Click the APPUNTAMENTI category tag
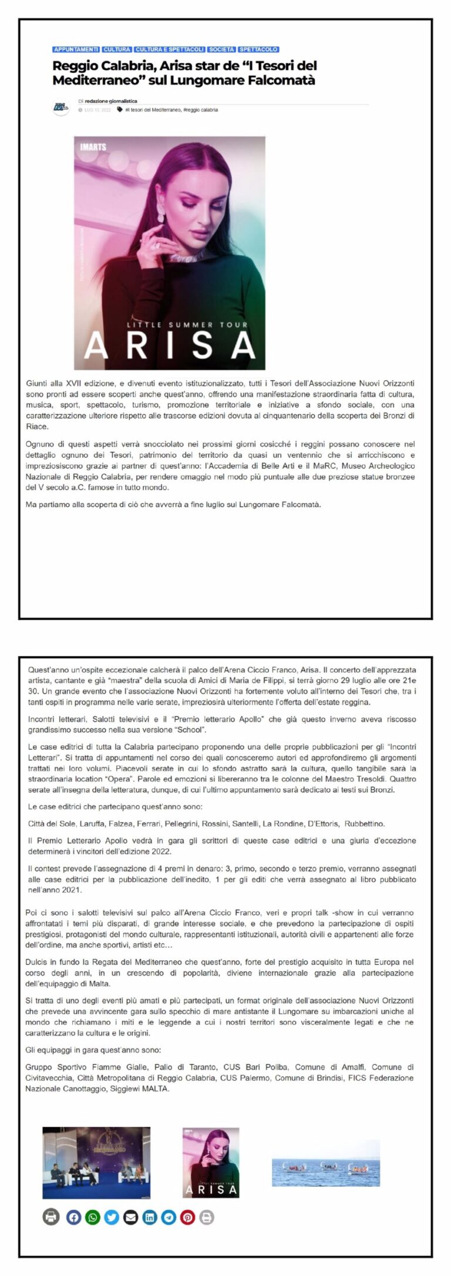(76, 49)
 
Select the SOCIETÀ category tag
(222, 49)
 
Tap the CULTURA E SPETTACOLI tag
(170, 49)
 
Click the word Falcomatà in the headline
(284, 80)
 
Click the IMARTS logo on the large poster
(93, 147)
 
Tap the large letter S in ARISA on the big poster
(201, 346)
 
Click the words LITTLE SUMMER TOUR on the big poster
(187, 324)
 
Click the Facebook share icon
(73, 1217)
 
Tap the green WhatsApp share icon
(93, 1217)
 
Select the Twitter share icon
(112, 1217)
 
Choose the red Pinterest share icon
(187, 1217)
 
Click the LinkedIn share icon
(150, 1217)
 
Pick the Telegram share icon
(169, 1217)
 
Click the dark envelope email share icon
(130, 1217)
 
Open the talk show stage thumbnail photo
(96, 1162)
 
